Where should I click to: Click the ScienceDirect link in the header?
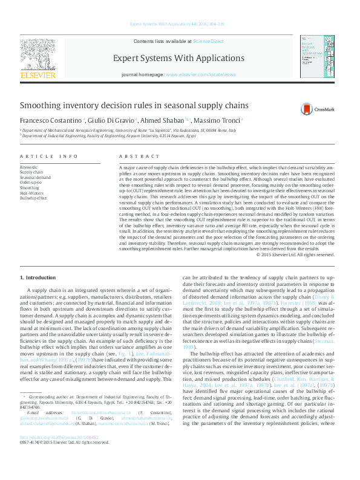208,41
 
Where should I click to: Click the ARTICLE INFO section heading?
49,156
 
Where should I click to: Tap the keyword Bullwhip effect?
34,198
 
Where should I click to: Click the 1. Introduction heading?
38,277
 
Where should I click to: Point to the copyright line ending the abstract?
295,255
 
